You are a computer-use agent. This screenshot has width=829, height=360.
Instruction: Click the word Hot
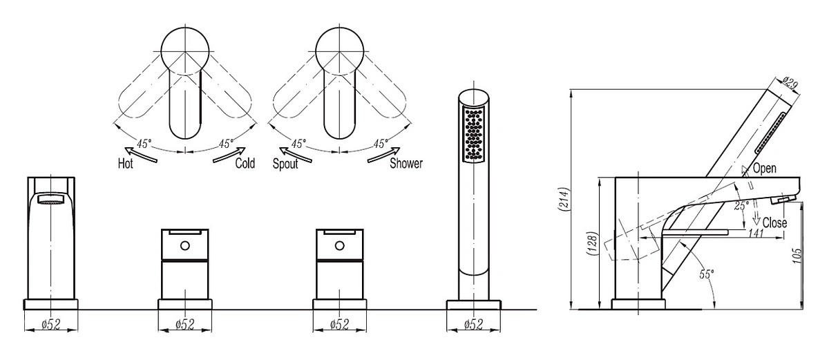(126, 163)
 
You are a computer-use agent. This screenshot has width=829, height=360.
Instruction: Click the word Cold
(245, 163)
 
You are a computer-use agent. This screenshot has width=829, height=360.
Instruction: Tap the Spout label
(285, 164)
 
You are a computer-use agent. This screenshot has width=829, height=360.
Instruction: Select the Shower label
(406, 163)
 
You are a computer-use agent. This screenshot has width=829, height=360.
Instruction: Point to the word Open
(765, 169)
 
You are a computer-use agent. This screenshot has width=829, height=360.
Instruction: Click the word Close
(774, 222)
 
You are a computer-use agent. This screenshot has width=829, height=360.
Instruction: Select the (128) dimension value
(592, 244)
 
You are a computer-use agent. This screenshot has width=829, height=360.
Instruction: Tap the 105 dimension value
(797, 256)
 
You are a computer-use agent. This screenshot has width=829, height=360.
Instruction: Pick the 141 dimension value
(756, 233)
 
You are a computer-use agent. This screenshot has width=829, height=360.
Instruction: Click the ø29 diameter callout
(790, 84)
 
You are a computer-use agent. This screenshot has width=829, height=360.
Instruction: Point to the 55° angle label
(706, 274)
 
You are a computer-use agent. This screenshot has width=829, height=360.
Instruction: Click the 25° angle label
(741, 205)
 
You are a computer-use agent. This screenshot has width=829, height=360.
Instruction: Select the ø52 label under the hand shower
(474, 325)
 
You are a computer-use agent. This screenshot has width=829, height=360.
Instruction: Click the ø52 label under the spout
(51, 325)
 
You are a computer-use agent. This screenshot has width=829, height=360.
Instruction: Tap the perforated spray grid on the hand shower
(474, 134)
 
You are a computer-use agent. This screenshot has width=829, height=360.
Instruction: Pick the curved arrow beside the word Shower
(384, 154)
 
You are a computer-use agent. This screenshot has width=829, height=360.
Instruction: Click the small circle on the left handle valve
(184, 245)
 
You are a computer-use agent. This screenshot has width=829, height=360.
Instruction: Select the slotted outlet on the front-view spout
(51, 199)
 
